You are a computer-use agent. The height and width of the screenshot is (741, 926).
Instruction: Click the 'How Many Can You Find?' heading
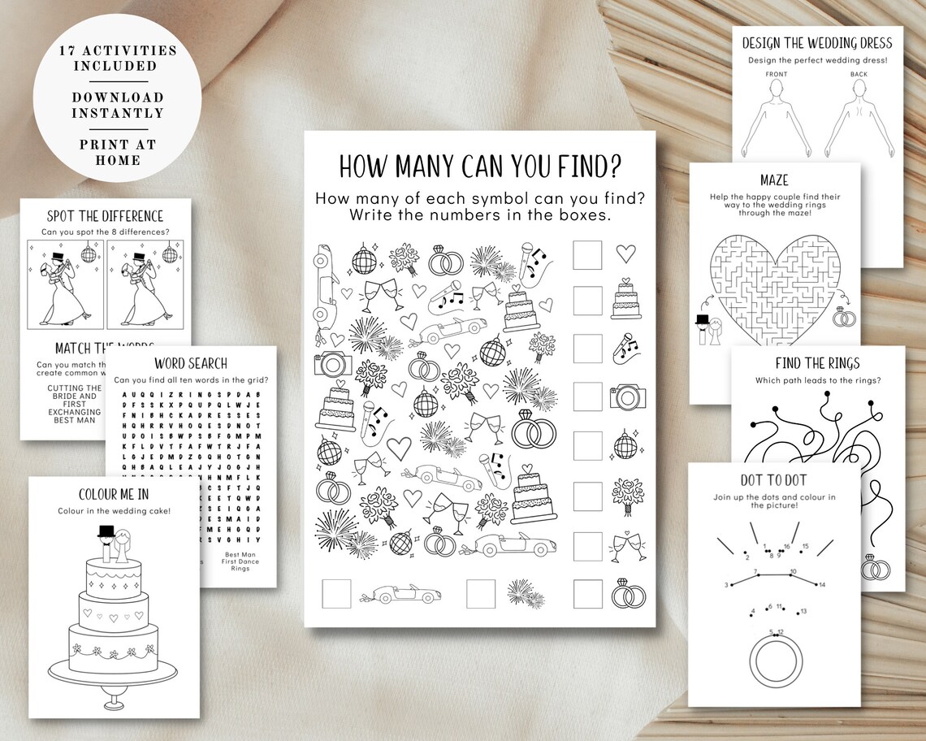click(x=480, y=167)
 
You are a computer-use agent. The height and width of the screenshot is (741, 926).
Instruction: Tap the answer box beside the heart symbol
click(x=587, y=253)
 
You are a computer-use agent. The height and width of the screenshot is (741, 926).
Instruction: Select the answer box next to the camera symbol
click(x=587, y=397)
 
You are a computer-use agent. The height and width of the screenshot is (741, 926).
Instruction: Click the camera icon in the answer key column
click(x=627, y=397)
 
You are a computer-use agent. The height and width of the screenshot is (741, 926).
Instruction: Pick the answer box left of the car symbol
click(x=336, y=593)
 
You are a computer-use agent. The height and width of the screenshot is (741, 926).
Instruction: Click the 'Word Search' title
click(x=191, y=363)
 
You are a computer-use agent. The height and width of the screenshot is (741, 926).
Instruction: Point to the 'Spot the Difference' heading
click(x=106, y=216)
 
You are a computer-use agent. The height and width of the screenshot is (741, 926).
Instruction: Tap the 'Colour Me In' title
click(x=114, y=494)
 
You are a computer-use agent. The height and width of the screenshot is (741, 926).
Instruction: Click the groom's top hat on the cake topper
click(x=105, y=532)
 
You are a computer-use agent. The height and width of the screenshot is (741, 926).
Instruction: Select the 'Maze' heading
click(x=774, y=179)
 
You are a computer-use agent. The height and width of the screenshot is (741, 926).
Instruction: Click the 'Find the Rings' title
click(x=818, y=363)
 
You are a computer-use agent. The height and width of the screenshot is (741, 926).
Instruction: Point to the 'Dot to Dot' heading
click(x=773, y=480)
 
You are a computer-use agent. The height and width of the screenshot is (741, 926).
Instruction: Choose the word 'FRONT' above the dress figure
click(x=777, y=75)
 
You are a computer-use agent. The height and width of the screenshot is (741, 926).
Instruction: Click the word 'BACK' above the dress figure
click(x=859, y=75)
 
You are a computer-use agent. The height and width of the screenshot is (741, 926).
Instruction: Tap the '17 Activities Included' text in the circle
click(x=118, y=57)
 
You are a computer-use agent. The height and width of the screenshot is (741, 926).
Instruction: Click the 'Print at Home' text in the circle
click(x=118, y=152)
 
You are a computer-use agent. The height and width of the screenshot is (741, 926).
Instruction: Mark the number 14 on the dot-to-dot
click(x=822, y=584)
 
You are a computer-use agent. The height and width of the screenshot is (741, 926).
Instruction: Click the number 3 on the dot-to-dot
click(x=726, y=585)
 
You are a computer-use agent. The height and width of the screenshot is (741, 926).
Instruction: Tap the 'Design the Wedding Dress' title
click(x=817, y=43)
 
